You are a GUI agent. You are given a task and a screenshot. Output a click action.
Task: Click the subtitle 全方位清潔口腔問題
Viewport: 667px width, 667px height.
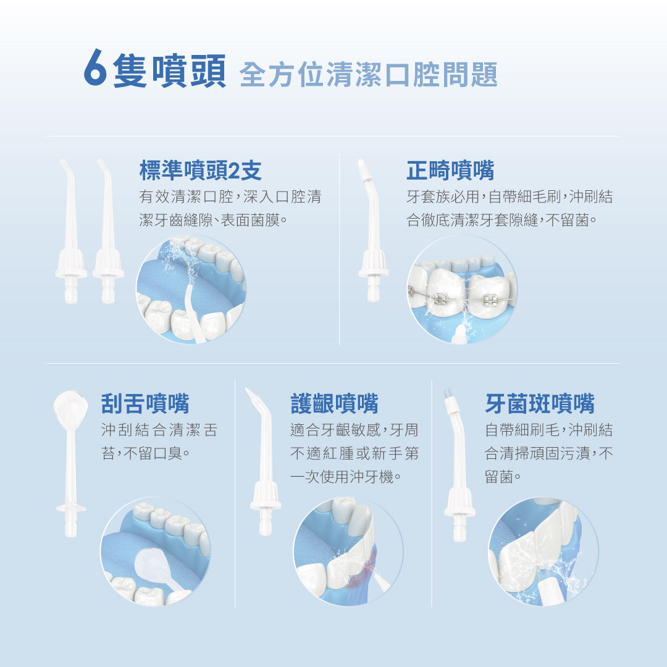(x=368, y=75)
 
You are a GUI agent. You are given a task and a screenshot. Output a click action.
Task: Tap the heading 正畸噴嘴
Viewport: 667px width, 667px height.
(x=450, y=170)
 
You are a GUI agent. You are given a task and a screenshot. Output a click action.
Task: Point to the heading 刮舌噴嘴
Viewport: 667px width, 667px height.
(x=145, y=403)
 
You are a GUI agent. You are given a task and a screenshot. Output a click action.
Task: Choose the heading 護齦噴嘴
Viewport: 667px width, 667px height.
(x=334, y=403)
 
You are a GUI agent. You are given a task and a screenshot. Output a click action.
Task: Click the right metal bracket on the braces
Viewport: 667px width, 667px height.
(x=490, y=301)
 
